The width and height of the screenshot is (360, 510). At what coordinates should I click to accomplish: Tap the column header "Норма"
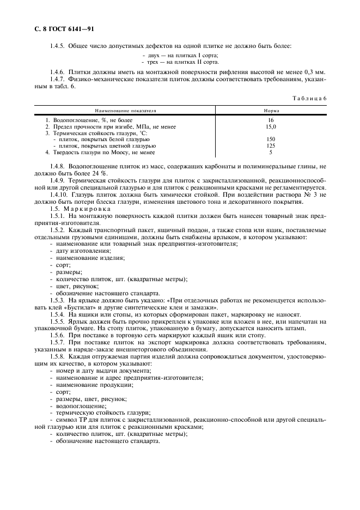point(271,110)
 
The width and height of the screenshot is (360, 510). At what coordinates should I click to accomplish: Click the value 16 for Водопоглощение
point(271,120)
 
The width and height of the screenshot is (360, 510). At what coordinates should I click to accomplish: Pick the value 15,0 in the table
point(271,126)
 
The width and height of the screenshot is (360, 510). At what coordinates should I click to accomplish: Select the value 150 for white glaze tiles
point(271,139)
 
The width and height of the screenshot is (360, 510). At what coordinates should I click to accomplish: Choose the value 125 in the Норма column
point(271,146)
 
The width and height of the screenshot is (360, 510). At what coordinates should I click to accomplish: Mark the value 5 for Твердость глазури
point(271,153)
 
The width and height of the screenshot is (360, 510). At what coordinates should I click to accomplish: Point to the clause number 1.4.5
point(58,45)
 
